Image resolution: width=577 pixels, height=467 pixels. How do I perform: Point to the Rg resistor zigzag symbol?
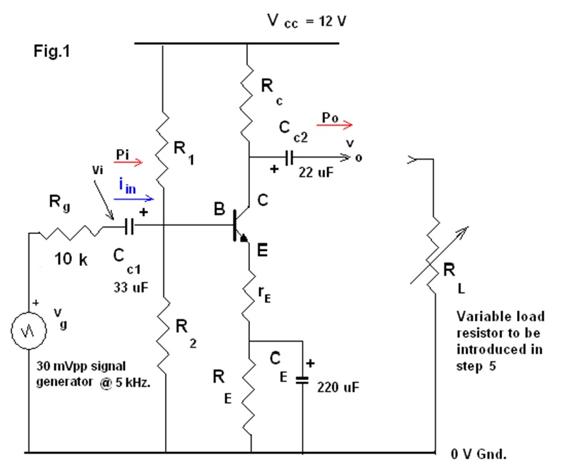point(71,230)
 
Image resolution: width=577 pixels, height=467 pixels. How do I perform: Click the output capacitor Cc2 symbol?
point(290,158)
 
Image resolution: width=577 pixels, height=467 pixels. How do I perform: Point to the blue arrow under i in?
point(135,198)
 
